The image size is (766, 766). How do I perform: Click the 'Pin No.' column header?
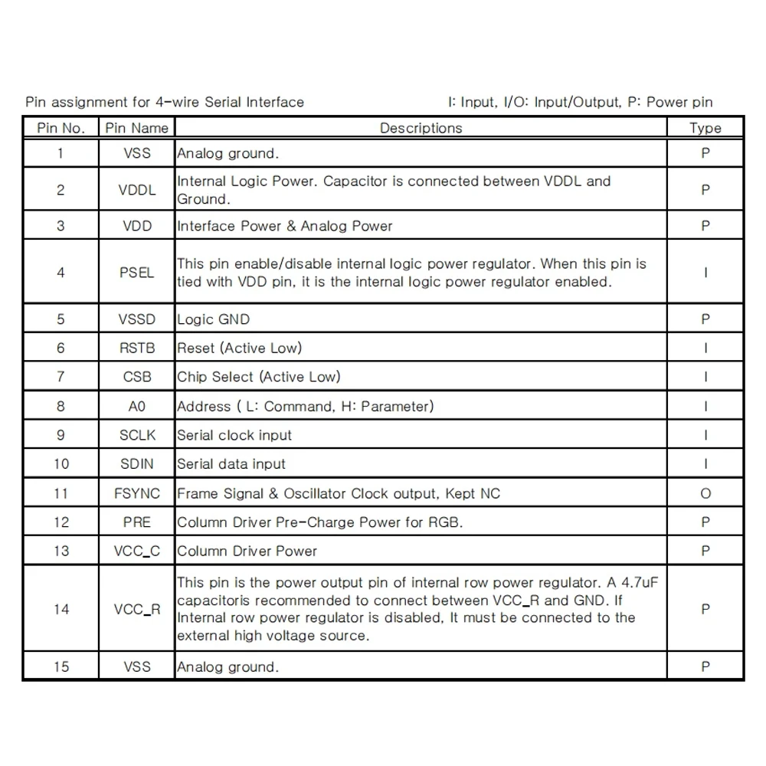61,128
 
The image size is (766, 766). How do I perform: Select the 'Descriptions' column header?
421,128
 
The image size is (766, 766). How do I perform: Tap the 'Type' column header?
705,128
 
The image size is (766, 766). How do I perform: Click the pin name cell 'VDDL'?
137,190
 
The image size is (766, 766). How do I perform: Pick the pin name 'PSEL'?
137,273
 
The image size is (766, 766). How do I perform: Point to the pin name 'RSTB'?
137,348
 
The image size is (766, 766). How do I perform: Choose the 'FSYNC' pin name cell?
137,493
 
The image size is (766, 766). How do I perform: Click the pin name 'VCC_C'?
137,551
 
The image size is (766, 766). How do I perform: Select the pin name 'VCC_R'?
137,610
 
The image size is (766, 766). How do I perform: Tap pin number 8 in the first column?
61,406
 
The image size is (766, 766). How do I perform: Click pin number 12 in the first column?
61,522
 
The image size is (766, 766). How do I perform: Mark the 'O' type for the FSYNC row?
705,493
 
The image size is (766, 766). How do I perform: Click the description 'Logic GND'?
213,319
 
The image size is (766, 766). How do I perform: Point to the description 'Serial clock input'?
234,435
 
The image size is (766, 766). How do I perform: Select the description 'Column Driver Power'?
247,551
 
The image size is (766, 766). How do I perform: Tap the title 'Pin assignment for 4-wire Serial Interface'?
165,102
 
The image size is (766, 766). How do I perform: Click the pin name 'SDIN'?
137,464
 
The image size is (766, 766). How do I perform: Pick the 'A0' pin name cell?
137,406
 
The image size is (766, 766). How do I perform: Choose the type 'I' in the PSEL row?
705,273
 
